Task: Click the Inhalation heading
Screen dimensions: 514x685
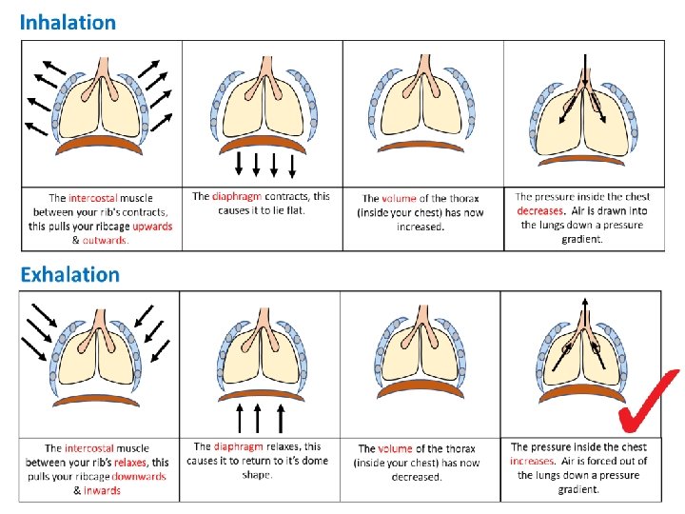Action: point(68,22)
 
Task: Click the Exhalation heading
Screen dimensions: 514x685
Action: point(70,275)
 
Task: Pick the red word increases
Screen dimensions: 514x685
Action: point(532,461)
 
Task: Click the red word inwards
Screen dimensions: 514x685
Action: point(103,490)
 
